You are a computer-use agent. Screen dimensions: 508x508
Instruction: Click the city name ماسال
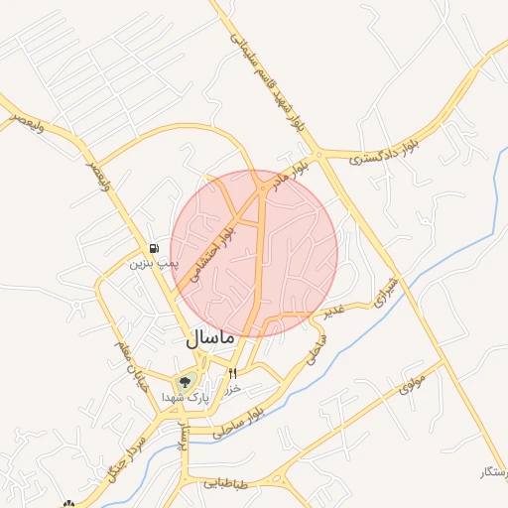(x=209, y=337)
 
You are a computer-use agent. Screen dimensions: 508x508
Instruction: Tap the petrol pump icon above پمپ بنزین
(x=154, y=248)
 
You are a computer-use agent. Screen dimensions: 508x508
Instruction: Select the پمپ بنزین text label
(x=155, y=264)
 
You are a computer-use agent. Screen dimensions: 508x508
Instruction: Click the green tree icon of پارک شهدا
(x=184, y=381)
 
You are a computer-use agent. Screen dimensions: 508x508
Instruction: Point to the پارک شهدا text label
(x=185, y=397)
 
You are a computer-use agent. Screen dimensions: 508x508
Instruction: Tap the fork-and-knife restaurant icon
(x=233, y=374)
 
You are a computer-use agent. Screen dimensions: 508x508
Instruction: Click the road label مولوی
(x=415, y=381)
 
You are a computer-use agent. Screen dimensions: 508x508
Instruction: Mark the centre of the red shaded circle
(x=254, y=253)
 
